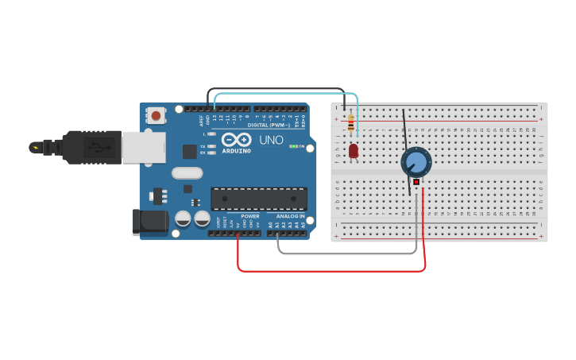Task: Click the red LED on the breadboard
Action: click(354, 150)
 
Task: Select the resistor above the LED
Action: click(351, 123)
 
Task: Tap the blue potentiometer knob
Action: click(416, 162)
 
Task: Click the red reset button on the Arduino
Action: click(156, 116)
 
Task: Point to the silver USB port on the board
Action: click(144, 148)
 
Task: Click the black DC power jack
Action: click(149, 221)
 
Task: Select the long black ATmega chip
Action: click(258, 199)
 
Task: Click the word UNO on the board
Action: click(270, 140)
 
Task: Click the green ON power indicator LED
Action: click(293, 146)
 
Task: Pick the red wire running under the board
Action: click(334, 271)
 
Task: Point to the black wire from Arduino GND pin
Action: click(278, 89)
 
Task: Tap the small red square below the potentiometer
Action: click(416, 182)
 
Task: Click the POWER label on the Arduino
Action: click(250, 215)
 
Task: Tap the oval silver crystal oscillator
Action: click(187, 172)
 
